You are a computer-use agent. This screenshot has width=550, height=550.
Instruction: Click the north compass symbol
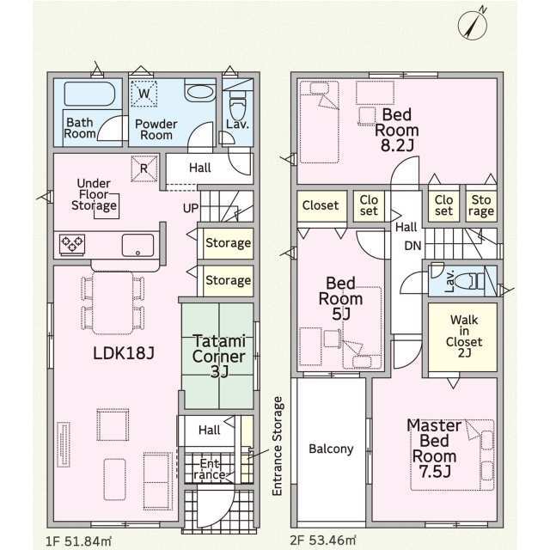(473, 24)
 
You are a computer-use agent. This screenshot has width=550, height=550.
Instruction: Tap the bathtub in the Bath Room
(89, 94)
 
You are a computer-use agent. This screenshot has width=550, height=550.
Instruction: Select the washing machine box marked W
(144, 94)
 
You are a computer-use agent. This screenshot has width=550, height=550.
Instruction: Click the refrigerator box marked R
(144, 168)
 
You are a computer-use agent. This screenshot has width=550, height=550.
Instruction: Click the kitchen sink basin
(137, 245)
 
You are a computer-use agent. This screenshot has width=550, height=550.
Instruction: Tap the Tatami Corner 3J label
(219, 356)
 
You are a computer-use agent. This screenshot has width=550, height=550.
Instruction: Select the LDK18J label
(124, 353)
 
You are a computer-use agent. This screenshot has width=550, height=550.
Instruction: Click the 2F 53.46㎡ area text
(323, 541)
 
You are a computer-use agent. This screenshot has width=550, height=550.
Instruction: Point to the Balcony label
(331, 449)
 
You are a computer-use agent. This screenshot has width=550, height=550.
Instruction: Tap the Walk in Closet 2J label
(464, 336)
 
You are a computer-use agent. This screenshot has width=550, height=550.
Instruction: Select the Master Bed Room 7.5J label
(434, 449)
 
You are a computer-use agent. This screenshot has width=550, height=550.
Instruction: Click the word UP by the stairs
(191, 208)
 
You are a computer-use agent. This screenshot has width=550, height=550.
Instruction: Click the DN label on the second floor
(412, 246)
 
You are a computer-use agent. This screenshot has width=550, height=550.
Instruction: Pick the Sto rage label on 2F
(481, 205)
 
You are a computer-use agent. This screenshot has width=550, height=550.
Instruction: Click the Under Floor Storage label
(94, 194)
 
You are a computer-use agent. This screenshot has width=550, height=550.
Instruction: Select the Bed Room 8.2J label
(397, 130)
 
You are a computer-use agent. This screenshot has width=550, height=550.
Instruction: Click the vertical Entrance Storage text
(277, 446)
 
